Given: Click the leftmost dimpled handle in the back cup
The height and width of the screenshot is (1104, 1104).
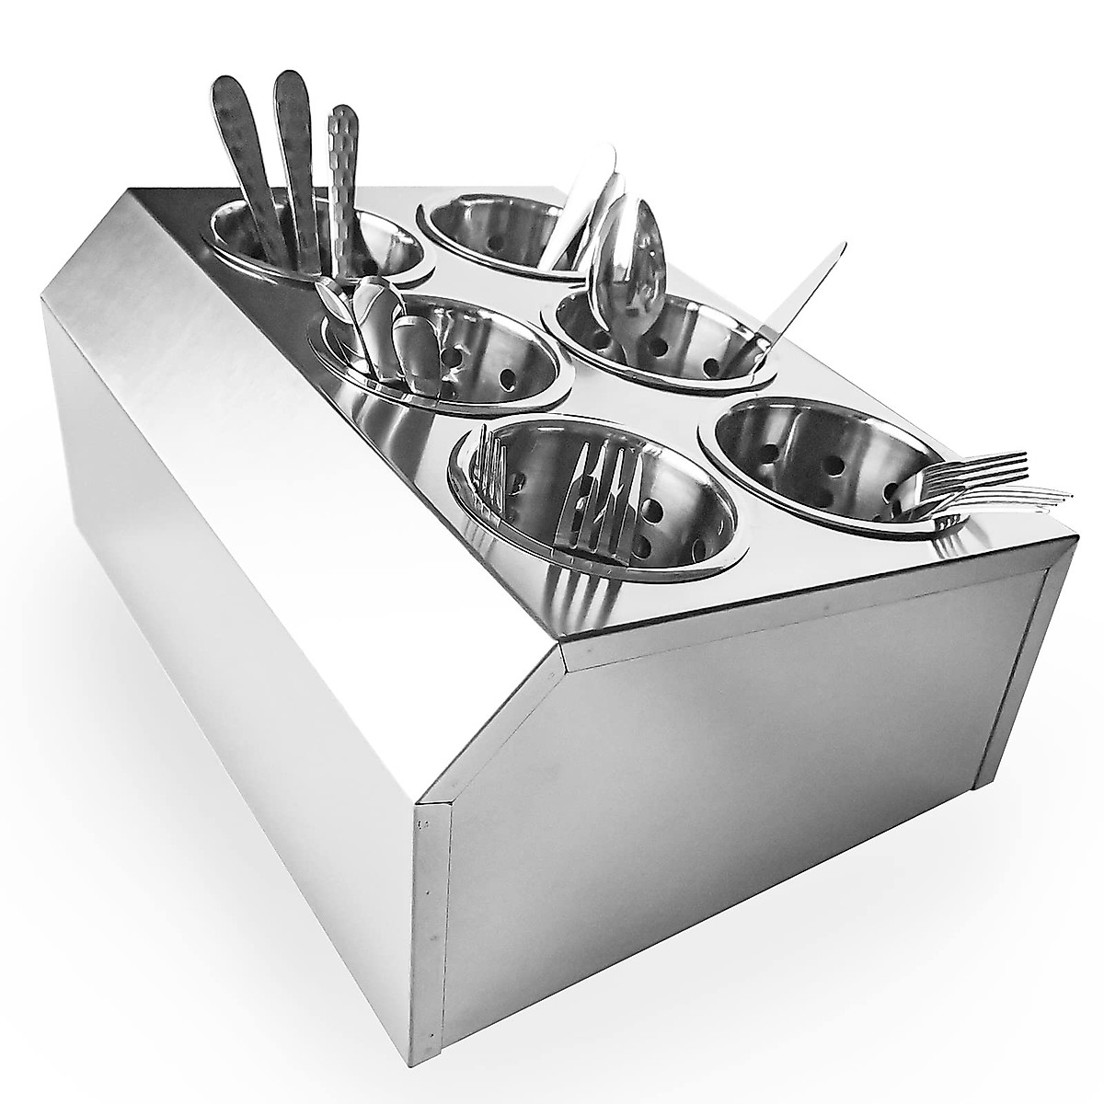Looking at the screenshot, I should (x=234, y=156).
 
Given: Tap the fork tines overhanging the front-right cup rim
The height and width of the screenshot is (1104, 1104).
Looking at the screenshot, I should (x=984, y=478).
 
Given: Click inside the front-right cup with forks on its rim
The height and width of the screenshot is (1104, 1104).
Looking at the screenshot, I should (x=810, y=451).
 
